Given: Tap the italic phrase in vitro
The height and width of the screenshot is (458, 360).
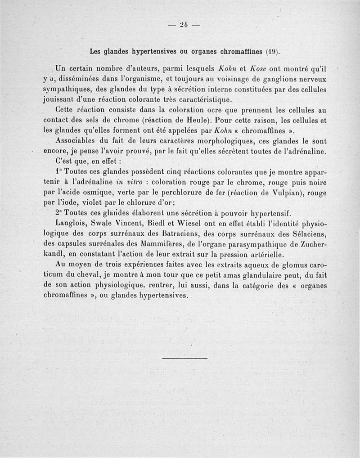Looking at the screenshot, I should tap(130, 183).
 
